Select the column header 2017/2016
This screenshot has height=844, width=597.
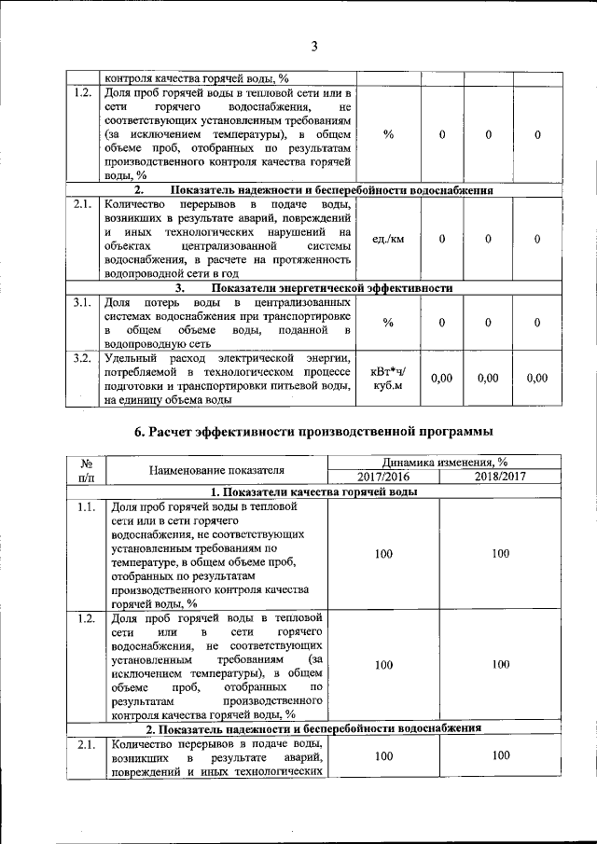click(382, 476)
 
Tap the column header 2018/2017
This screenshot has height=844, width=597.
click(500, 476)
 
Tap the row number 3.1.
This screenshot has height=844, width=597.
click(82, 303)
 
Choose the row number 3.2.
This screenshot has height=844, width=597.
click(82, 358)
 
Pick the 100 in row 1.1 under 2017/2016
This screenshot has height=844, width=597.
click(382, 554)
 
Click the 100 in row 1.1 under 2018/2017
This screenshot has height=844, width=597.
click(500, 554)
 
